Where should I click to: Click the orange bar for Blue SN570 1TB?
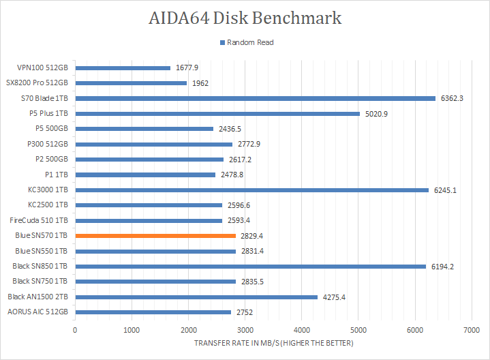click(x=155, y=236)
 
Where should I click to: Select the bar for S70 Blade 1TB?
click(x=255, y=98)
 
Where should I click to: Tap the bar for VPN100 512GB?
click(x=123, y=67)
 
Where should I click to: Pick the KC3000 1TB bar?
click(x=251, y=190)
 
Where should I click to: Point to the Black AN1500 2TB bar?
click(x=196, y=297)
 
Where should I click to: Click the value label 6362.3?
click(x=453, y=98)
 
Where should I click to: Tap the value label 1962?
click(x=200, y=83)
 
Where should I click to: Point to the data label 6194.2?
click(x=443, y=267)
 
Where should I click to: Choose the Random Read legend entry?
click(x=249, y=42)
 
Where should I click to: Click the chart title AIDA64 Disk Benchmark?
click(x=245, y=18)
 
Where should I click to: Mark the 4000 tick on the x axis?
click(x=301, y=329)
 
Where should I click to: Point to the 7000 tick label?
click(x=471, y=329)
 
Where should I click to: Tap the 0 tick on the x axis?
click(x=75, y=329)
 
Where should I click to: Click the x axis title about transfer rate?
click(x=273, y=342)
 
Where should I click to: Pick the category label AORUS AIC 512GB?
click(x=37, y=312)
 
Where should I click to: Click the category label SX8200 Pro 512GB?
click(x=37, y=83)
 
